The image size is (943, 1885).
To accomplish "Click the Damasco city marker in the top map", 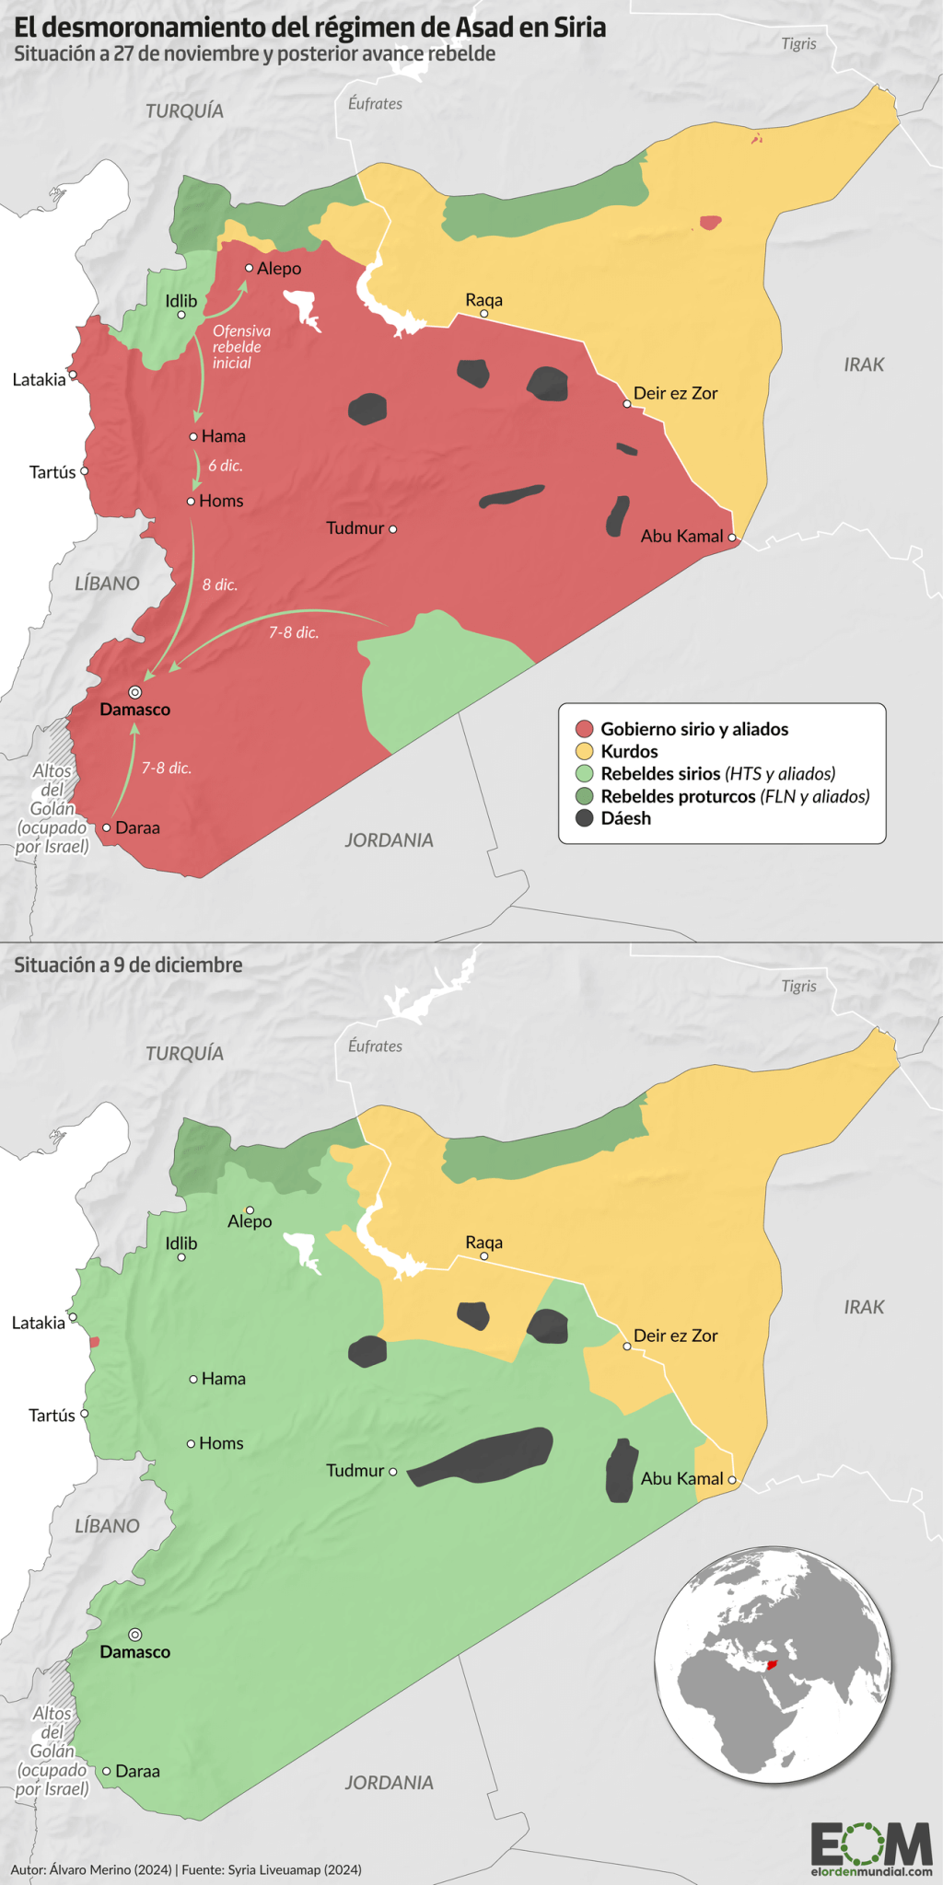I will tap(134, 692).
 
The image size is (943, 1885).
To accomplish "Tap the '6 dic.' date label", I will tap(225, 466).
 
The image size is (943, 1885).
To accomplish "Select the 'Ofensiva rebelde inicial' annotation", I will tap(241, 347).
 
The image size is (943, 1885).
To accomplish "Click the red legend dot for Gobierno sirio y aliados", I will tap(584, 729).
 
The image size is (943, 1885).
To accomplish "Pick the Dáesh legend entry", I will tap(625, 818).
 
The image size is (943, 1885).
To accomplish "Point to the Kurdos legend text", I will tap(629, 751).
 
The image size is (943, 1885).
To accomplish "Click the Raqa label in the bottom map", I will tap(483, 1243).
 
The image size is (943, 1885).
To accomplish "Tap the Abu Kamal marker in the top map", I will tap(732, 538).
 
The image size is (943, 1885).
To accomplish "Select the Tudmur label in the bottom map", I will tap(355, 1471).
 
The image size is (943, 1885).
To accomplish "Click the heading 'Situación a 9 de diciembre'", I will tap(128, 965).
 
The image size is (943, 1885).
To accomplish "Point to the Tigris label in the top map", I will tap(798, 43).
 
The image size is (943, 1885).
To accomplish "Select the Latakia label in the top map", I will tap(39, 379).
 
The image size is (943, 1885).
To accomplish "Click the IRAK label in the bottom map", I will tap(864, 1307).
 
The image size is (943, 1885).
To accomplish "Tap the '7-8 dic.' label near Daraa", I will tap(167, 768).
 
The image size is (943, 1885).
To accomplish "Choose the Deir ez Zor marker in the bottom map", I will tap(627, 1347).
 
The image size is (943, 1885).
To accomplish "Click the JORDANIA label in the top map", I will tap(389, 839).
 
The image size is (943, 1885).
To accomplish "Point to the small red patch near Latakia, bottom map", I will tap(94, 1342).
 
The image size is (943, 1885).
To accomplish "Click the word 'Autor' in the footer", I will tap(27, 1869).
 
